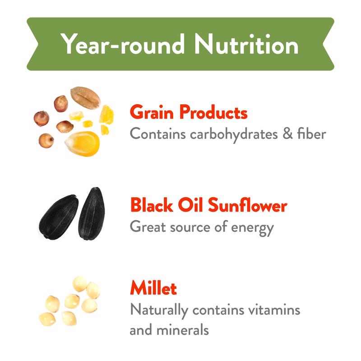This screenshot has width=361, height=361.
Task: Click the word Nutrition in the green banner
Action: click(246, 44)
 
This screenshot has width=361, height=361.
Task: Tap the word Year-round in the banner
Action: click(122, 44)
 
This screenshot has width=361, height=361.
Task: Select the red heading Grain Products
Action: click(189, 112)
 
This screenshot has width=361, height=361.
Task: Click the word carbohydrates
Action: click(234, 134)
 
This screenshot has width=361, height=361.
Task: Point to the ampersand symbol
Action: click(287, 134)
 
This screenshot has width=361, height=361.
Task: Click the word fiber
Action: click(312, 133)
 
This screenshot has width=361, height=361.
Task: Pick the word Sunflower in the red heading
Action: click(247, 205)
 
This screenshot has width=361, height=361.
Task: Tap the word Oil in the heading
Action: click(190, 205)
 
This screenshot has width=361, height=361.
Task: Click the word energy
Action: click(252, 228)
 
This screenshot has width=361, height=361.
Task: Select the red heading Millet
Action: click(153, 288)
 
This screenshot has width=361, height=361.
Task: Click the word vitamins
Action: click(274, 310)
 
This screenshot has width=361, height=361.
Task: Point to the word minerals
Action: click(183, 330)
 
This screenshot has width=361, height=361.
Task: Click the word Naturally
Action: click(159, 310)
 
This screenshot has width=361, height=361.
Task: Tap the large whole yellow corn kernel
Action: click(83, 143)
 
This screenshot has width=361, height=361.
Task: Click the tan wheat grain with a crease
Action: click(85, 97)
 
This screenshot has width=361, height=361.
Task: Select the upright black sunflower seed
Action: click(92, 213)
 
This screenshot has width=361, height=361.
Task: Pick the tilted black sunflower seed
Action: click(59, 217)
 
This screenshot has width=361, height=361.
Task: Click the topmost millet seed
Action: click(80, 284)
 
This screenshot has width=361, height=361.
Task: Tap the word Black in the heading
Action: click(151, 205)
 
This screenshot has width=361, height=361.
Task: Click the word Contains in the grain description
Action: click(157, 134)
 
